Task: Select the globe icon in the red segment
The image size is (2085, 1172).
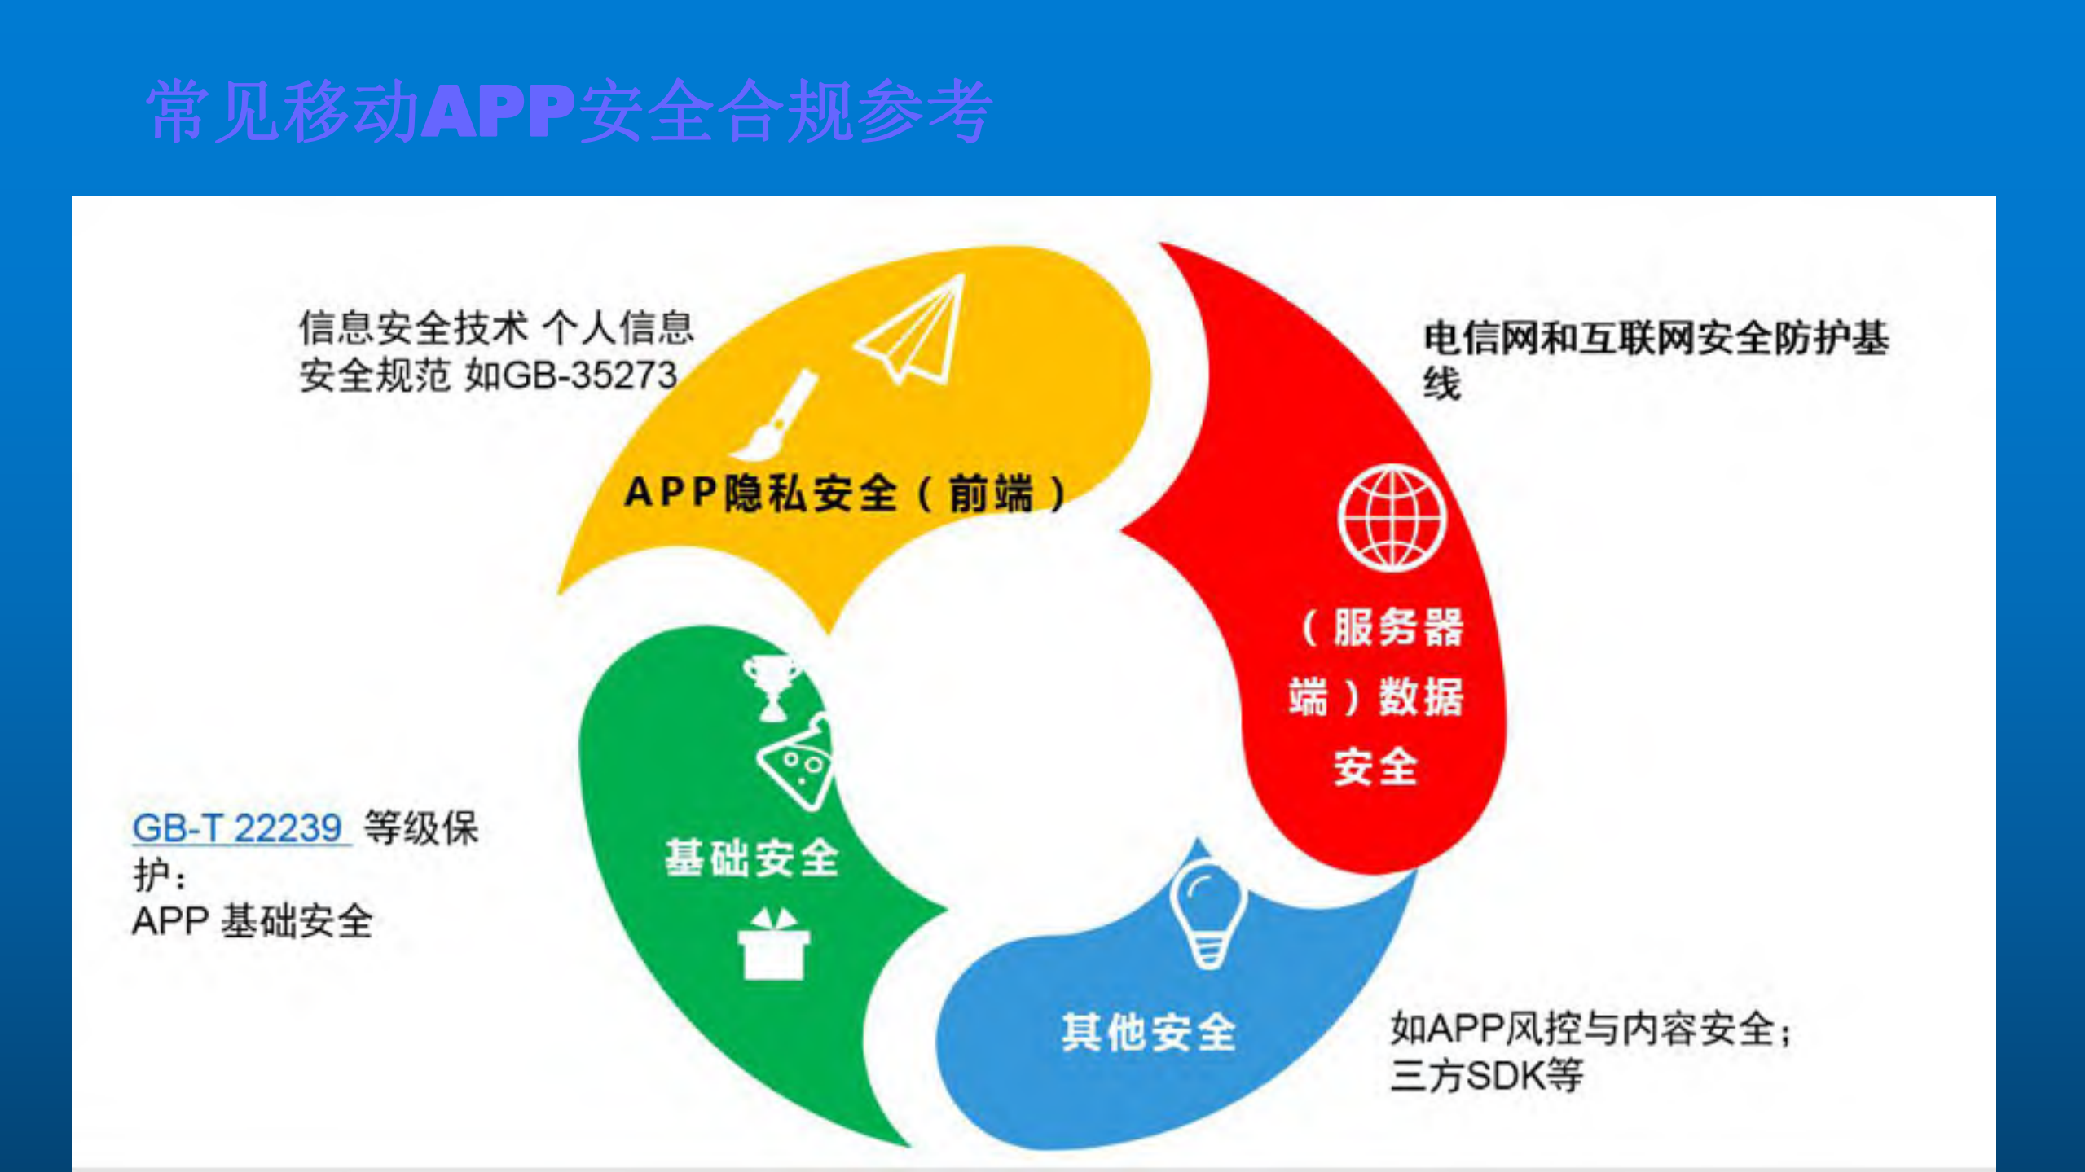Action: [1392, 517]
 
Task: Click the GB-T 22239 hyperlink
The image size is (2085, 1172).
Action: [238, 828]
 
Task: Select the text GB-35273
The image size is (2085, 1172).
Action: [591, 375]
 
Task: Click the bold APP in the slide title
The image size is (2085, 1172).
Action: [499, 111]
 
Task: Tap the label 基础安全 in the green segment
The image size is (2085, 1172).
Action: [751, 858]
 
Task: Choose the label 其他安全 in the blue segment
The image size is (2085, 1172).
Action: [1148, 1032]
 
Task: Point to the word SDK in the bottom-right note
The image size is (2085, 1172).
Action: [1505, 1075]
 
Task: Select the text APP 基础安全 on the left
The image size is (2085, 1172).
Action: [253, 922]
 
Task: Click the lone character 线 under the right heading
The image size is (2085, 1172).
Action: [1441, 384]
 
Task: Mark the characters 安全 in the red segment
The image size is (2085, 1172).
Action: [1375, 766]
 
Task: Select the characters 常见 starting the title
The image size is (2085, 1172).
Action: [213, 111]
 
